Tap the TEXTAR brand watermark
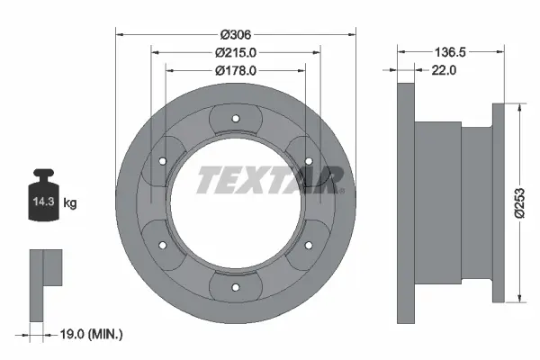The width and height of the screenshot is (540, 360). [270, 179]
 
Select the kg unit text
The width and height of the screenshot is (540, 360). [70, 203]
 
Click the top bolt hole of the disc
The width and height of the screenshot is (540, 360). [234, 118]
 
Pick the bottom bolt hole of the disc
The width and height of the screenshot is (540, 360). [234, 287]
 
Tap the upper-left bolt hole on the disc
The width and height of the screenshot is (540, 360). [161, 160]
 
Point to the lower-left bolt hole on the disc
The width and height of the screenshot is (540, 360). [161, 245]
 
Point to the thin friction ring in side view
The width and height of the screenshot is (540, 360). [405, 203]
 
